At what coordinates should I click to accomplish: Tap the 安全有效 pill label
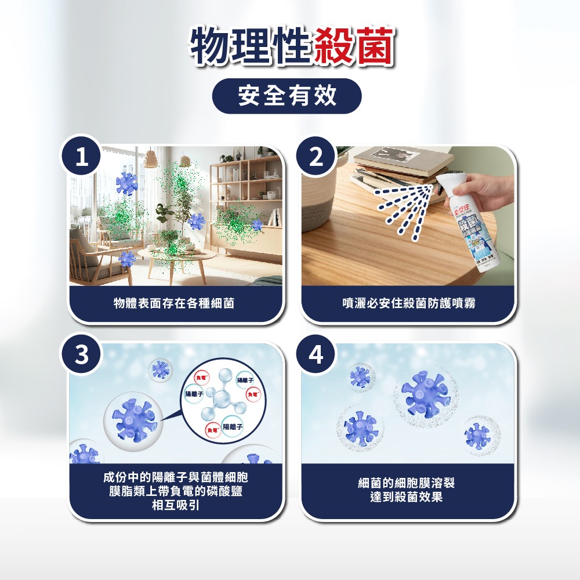click(x=287, y=96)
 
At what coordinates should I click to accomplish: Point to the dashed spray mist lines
click(x=406, y=209)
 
